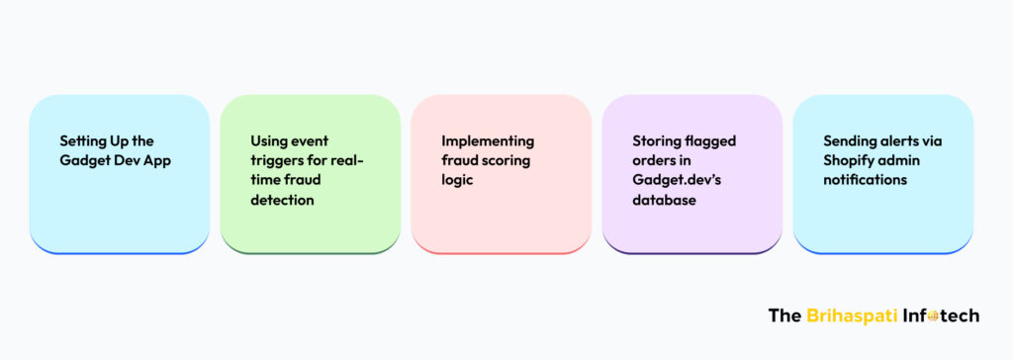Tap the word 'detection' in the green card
[x=282, y=200]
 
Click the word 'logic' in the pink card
[x=457, y=180]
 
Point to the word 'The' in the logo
[x=784, y=316]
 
